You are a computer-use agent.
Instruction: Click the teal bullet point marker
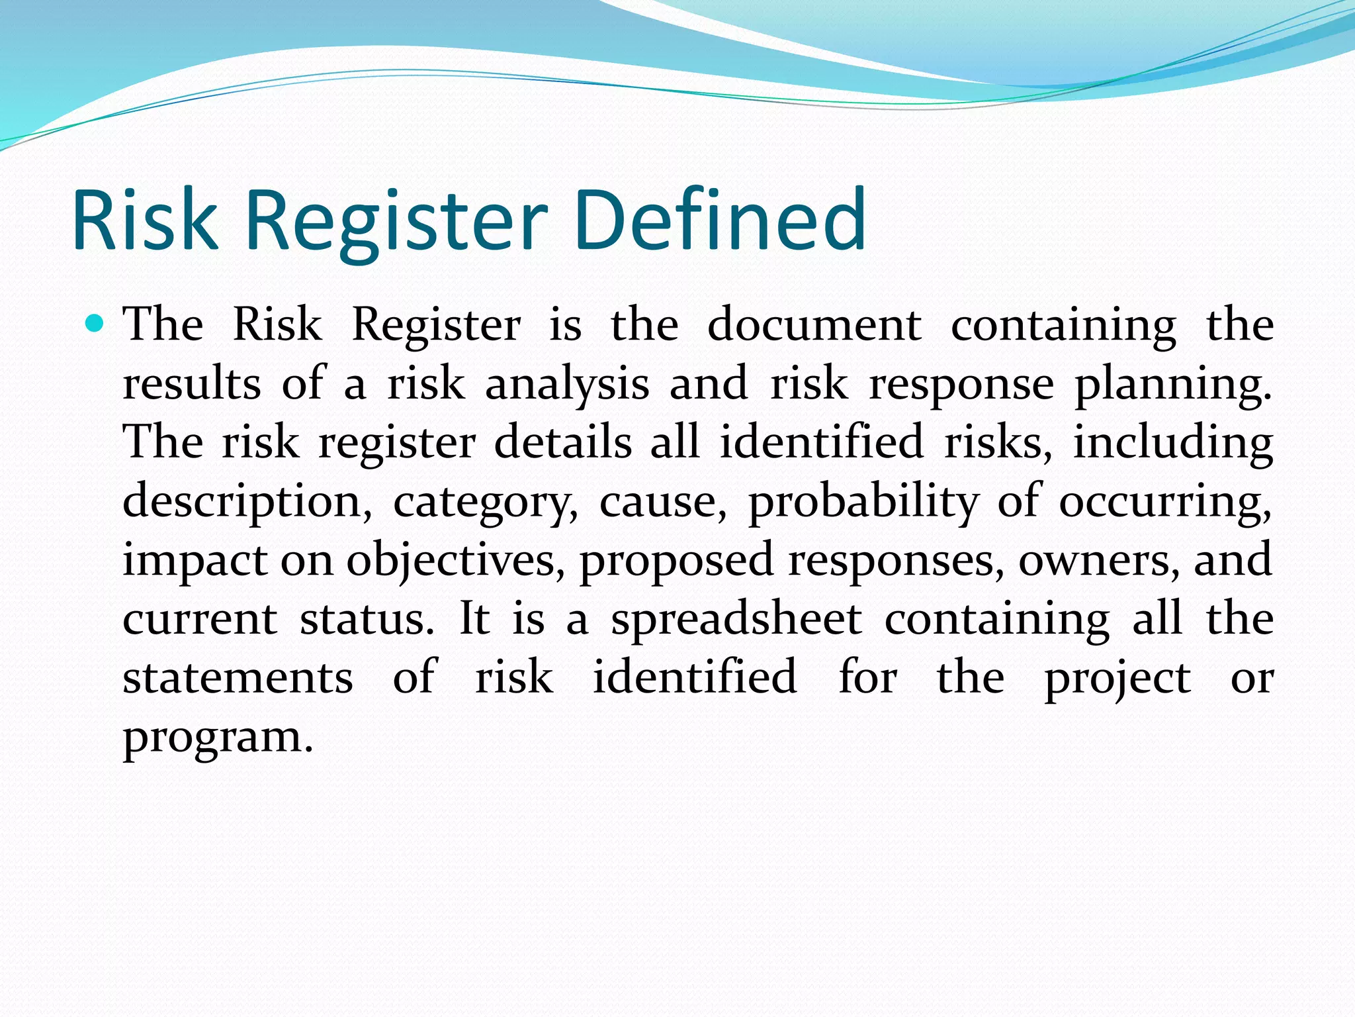pyautogui.click(x=95, y=324)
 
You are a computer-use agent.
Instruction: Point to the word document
pyautogui.click(x=814, y=326)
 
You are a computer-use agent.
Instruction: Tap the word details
pyautogui.click(x=563, y=442)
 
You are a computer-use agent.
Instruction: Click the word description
pyautogui.click(x=247, y=502)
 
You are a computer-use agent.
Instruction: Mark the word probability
pyautogui.click(x=863, y=502)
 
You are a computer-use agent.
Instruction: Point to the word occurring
pyautogui.click(x=1165, y=502)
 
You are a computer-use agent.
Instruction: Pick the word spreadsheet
pyautogui.click(x=736, y=620)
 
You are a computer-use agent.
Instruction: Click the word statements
pyautogui.click(x=238, y=678)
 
